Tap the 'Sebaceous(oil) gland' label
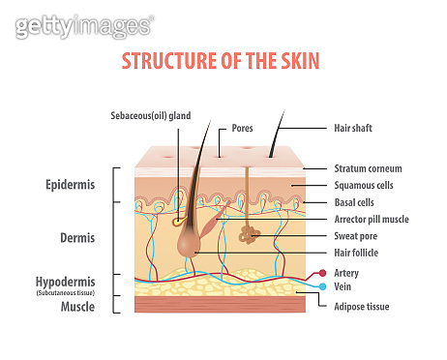coord(151,115)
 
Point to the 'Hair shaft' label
coord(353,127)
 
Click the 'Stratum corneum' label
coord(369,167)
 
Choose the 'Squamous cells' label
coord(365,185)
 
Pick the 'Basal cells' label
coord(354,202)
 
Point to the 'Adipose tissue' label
coord(362,305)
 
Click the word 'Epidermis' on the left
coord(69,184)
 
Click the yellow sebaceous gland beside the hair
coord(179,221)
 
